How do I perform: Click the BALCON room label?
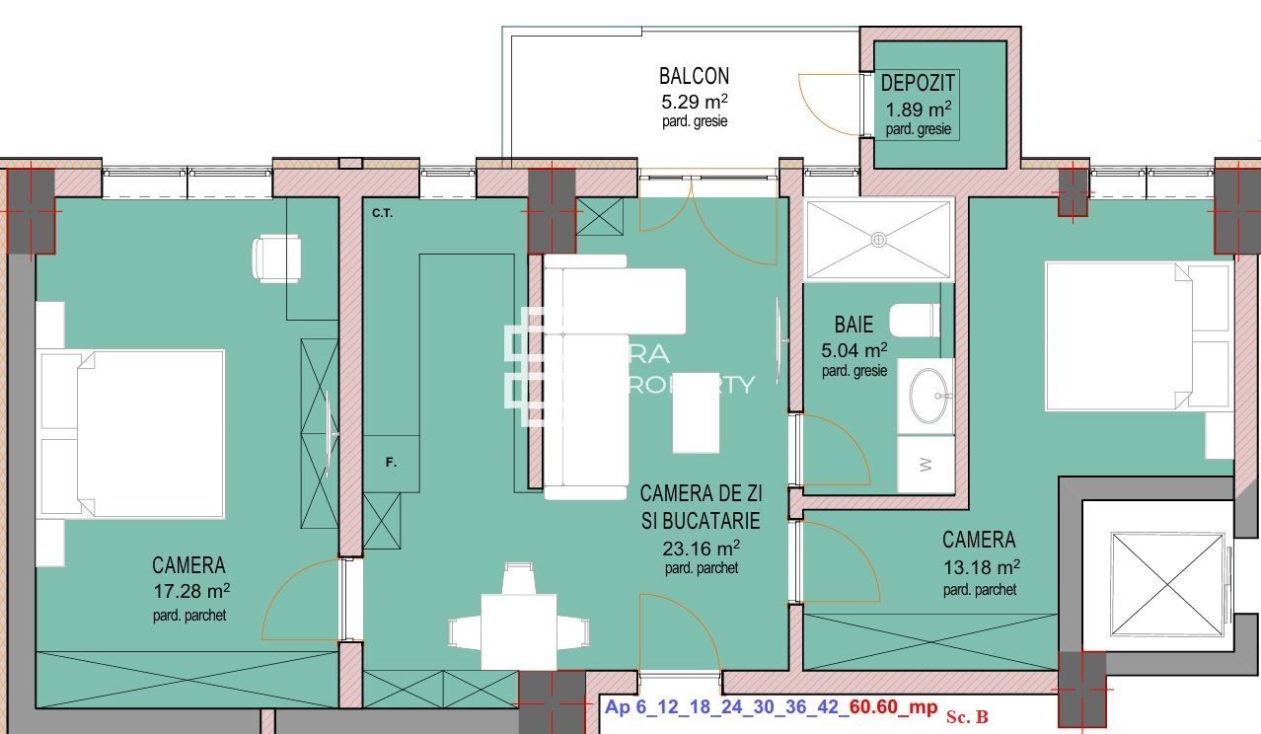pos(694,76)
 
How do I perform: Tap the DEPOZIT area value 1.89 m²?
pos(918,110)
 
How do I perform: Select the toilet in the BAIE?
pos(913,321)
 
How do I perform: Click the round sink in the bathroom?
pos(927,396)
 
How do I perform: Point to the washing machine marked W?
pos(926,465)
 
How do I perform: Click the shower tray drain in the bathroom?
pos(877,239)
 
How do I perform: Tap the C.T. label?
pos(382,213)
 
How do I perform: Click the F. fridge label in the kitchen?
pos(391,463)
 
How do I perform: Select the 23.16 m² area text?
pos(701,548)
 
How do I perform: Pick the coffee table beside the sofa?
pos(696,426)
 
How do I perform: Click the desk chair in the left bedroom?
pos(276,258)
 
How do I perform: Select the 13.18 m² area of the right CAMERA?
pos(980,567)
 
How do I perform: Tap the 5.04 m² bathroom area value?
pos(853,349)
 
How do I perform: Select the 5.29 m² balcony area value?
pos(694,101)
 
